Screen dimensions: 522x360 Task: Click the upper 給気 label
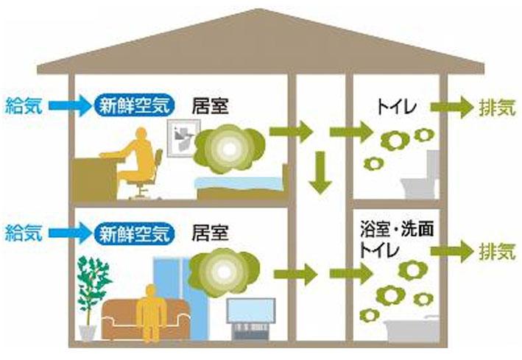(24, 105)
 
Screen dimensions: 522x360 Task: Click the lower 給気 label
(24, 233)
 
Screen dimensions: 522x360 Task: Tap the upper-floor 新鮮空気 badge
(135, 105)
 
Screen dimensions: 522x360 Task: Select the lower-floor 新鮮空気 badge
(135, 233)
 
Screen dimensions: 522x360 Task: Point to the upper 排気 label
(498, 107)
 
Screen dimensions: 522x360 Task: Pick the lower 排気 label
(498, 252)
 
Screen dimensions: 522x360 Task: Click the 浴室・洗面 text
(397, 230)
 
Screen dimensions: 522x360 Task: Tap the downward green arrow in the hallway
(320, 172)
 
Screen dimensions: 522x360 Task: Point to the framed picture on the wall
(184, 138)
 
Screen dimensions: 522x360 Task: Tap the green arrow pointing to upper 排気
(452, 107)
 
